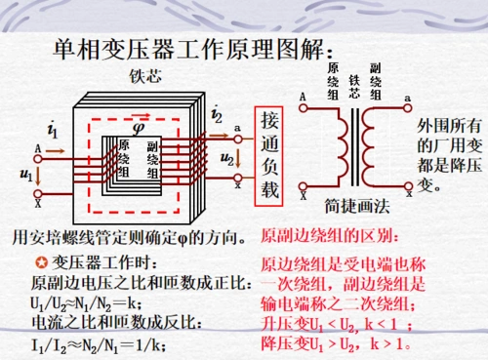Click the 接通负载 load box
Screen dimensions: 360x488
pos(269,155)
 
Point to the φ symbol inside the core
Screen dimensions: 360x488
pos(138,126)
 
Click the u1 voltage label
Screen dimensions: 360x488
pos(26,175)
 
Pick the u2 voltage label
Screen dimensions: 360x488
pos(227,158)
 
